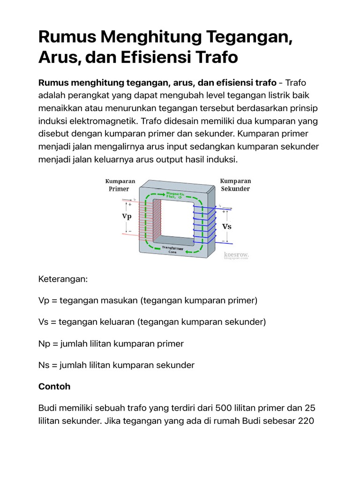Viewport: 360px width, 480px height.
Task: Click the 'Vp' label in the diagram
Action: pyautogui.click(x=127, y=217)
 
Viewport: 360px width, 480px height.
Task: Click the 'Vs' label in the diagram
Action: pyautogui.click(x=227, y=225)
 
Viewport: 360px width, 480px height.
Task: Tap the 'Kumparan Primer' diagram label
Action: pyautogui.click(x=120, y=185)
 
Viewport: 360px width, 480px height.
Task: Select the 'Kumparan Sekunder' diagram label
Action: pyautogui.click(x=235, y=185)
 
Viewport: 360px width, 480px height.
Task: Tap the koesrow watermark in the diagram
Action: pyautogui.click(x=236, y=256)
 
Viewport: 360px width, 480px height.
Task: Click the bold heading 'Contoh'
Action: pyautogui.click(x=54, y=386)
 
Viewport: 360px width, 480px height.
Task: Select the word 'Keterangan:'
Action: pyautogui.click(x=63, y=279)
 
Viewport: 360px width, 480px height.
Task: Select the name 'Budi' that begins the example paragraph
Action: pyautogui.click(x=47, y=408)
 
